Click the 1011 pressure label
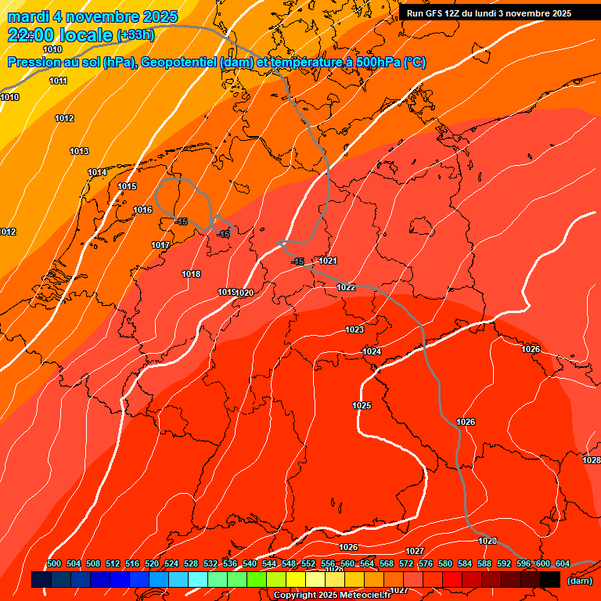58,81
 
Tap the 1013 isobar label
79,151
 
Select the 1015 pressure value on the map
127,186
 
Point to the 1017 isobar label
160,245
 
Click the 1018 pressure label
191,274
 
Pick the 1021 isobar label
328,261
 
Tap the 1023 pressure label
354,329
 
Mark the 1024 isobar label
372,351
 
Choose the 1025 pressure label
362,405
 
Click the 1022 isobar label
346,287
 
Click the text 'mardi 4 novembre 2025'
93,16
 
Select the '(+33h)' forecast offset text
135,35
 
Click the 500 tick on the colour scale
54,563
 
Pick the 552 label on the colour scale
308,563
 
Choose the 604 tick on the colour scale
563,563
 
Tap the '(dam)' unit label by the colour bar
579,580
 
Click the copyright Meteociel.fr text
331,595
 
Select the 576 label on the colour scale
426,563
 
